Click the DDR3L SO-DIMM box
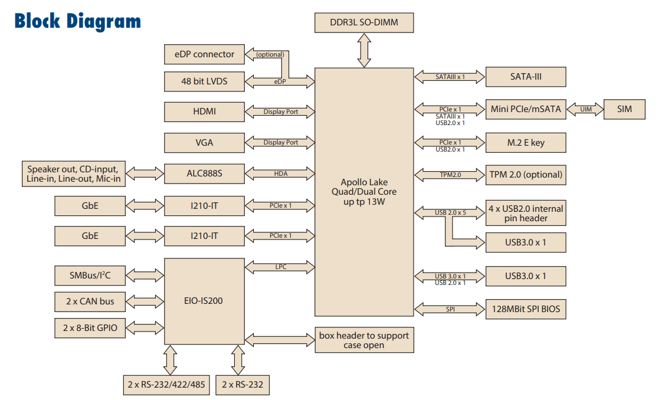[x=364, y=22]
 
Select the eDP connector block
[x=204, y=54]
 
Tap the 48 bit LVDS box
[x=204, y=81]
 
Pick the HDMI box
[x=204, y=112]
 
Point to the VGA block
[x=204, y=143]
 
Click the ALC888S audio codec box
[x=204, y=174]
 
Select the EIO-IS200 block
[x=204, y=301]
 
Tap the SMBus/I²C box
[x=90, y=274]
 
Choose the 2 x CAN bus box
[x=90, y=301]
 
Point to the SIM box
[x=625, y=109]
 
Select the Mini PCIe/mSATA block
[x=525, y=109]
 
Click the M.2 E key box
[x=525, y=143]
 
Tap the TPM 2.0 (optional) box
[x=525, y=175]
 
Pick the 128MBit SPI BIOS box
[x=525, y=309]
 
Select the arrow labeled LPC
[x=280, y=267]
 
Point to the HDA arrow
[x=280, y=174]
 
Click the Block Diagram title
[x=77, y=21]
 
